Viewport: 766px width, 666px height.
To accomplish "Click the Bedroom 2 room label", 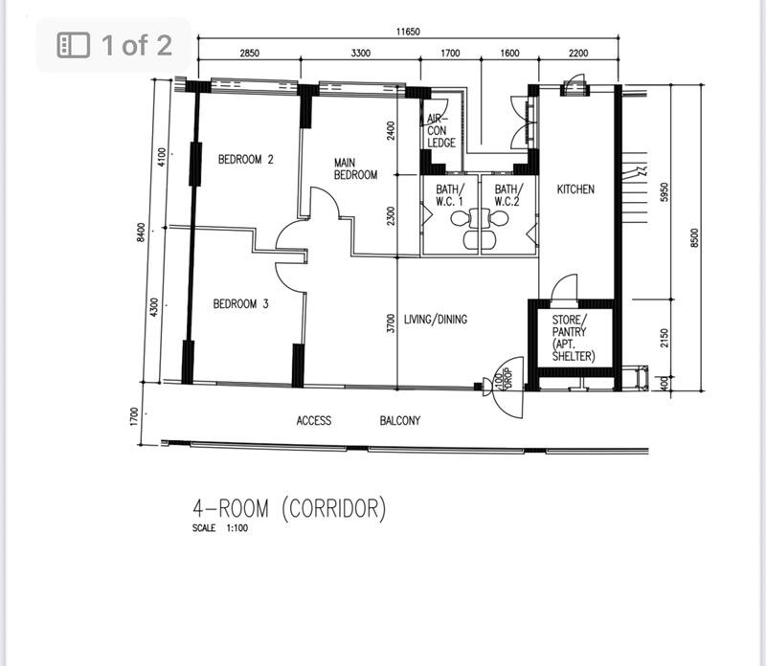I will click(x=246, y=160).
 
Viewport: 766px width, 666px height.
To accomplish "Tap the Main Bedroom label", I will click(x=355, y=169).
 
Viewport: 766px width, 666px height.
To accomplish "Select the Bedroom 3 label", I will click(x=240, y=304).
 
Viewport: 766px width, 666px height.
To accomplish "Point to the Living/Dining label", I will click(x=436, y=319).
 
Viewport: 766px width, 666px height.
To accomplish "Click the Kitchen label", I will click(x=575, y=189).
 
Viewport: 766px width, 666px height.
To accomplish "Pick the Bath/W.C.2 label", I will click(x=507, y=195).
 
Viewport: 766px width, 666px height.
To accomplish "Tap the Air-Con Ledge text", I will click(x=441, y=131).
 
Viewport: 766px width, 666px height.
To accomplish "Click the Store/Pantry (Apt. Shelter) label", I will click(x=574, y=338).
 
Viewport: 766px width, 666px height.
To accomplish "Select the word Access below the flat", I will click(x=314, y=420).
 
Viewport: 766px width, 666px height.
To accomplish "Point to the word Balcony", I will click(x=400, y=420).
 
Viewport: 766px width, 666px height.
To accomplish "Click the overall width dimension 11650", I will click(x=408, y=32).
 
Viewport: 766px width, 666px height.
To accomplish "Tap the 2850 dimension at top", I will click(x=249, y=54).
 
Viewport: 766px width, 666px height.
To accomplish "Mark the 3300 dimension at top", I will click(x=360, y=54).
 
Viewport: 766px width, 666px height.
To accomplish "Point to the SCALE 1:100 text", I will click(x=219, y=528).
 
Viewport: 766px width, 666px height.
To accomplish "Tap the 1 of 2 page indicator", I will click(x=115, y=44).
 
